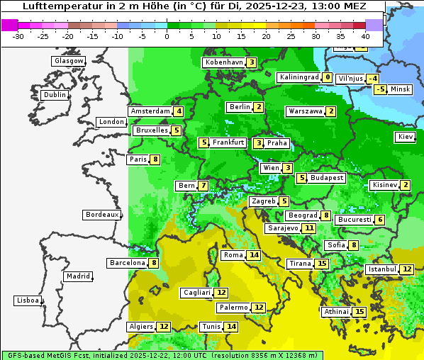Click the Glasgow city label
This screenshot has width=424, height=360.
coord(68,61)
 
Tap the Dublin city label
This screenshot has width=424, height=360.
coord(55,95)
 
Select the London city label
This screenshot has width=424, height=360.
coord(111,122)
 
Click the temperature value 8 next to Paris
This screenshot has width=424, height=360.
coord(155,159)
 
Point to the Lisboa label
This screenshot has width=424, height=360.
coord(28,300)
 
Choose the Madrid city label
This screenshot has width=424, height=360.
coord(78,276)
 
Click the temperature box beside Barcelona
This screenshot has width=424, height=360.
coord(154,263)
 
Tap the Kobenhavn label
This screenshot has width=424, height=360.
coord(223,62)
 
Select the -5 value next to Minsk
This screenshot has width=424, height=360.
coord(381,89)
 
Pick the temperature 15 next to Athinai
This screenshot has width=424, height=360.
coord(359,312)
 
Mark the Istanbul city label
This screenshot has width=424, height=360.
coord(381,269)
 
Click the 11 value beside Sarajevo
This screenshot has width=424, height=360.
coord(308,228)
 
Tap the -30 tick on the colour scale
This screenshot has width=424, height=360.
coord(18,36)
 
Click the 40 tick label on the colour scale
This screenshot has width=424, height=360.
coord(365,36)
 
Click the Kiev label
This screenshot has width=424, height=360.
coord(406,137)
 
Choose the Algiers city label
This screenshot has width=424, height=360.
coord(140,327)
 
